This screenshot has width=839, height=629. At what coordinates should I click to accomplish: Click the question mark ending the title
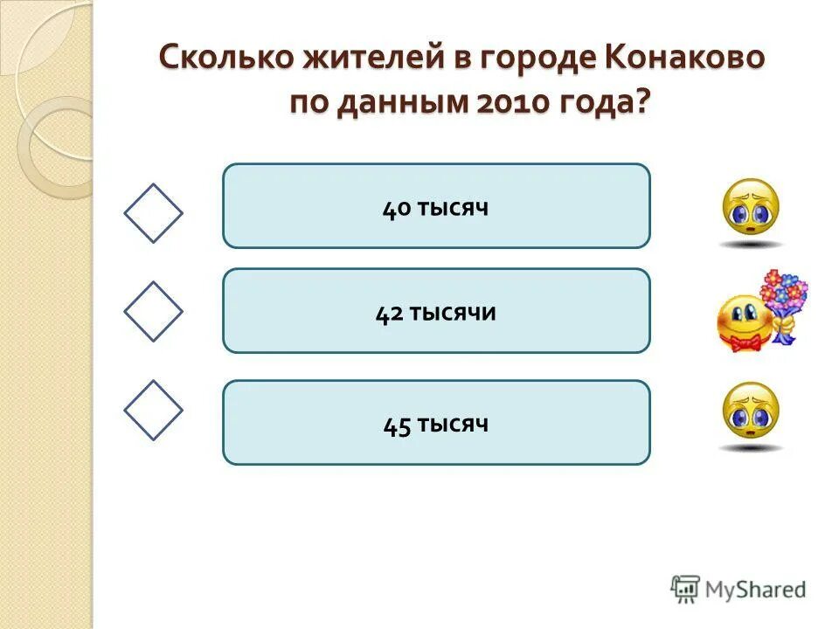point(644,103)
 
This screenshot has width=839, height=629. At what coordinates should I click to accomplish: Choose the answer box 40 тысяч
point(436,206)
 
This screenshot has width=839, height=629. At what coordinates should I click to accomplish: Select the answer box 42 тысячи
point(436,311)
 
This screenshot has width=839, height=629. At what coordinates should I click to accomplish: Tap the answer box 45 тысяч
point(436,423)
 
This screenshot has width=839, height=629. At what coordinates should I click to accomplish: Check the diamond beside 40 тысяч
point(153,213)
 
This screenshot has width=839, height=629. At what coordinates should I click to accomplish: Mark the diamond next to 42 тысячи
point(153,311)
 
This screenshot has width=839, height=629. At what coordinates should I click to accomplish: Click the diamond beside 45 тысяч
point(153,410)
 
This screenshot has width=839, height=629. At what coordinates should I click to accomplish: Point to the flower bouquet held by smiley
point(783,294)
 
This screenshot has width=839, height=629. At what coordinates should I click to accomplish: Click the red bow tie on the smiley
point(743,342)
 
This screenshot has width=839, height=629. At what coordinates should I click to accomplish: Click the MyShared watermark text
point(755,590)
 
